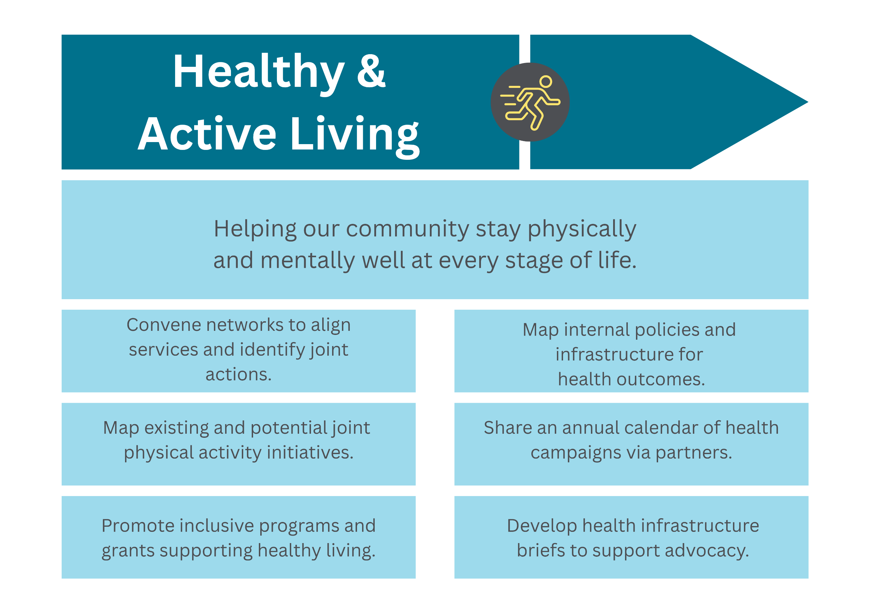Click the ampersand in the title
(x=371, y=71)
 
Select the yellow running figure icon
(x=530, y=103)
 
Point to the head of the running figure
(x=546, y=82)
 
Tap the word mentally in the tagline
(x=308, y=261)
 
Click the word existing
(x=176, y=428)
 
